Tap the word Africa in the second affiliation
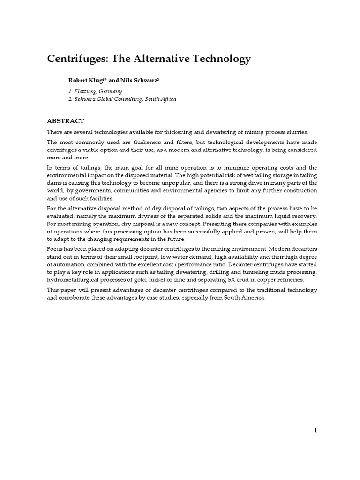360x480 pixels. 166,99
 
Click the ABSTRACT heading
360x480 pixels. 66,121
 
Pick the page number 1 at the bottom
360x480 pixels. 316,431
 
